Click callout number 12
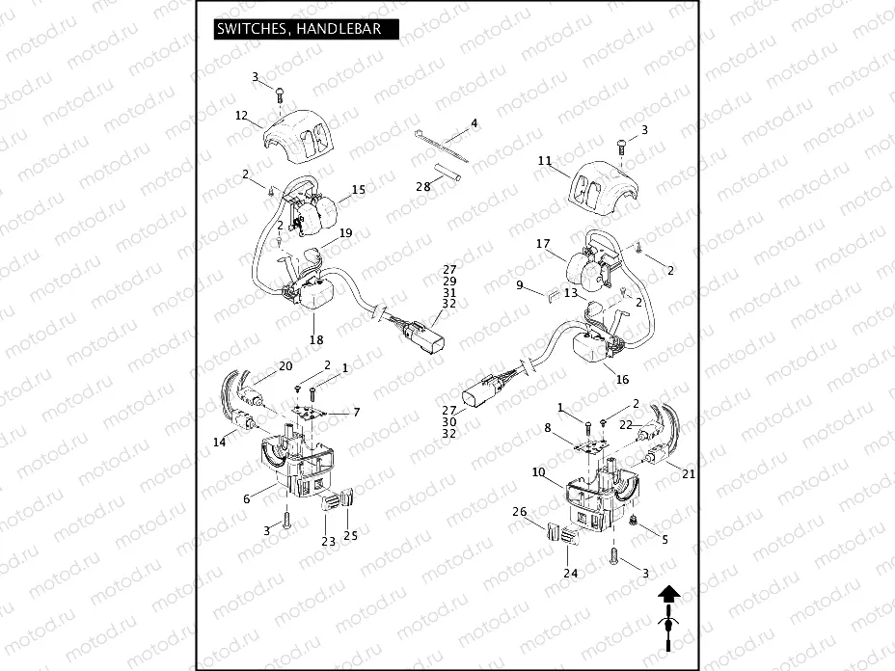click(242, 115)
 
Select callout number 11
click(545, 161)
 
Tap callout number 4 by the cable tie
click(474, 124)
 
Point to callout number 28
click(422, 186)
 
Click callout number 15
click(358, 190)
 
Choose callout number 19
click(345, 233)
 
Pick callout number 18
click(315, 339)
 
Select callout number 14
click(219, 442)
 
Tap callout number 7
click(356, 413)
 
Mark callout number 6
click(247, 498)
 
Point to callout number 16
click(622, 380)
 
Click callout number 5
click(664, 540)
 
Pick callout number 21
click(688, 474)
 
